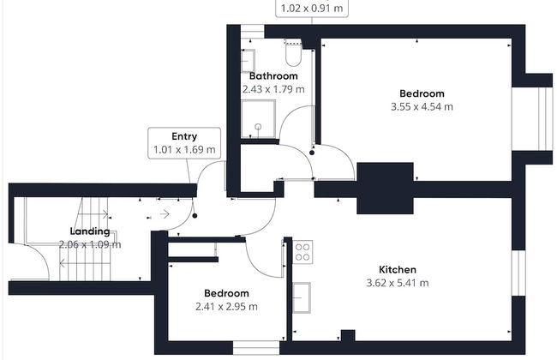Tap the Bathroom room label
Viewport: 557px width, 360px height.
[273, 75]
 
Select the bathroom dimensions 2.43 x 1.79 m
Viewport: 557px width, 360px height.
[273, 89]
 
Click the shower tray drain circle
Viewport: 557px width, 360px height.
[258, 127]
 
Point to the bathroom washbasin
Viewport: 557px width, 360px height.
[248, 61]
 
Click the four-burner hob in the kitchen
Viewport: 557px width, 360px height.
[302, 252]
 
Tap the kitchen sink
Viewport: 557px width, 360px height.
[302, 297]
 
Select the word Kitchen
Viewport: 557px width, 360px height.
[397, 269]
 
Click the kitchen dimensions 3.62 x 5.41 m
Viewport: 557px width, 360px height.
[397, 283]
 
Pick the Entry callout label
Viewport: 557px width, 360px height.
[184, 136]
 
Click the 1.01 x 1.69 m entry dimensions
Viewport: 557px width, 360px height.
[184, 150]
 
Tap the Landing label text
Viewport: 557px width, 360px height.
[90, 231]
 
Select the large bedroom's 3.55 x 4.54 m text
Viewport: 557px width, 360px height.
[422, 106]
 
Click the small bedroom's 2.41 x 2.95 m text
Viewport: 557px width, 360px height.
[226, 306]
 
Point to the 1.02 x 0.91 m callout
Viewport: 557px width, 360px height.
[312, 9]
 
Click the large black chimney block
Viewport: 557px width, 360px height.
[385, 189]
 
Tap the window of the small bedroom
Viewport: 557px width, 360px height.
[256, 347]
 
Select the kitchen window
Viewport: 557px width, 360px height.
[518, 273]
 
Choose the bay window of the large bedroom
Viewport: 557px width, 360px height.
[532, 118]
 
